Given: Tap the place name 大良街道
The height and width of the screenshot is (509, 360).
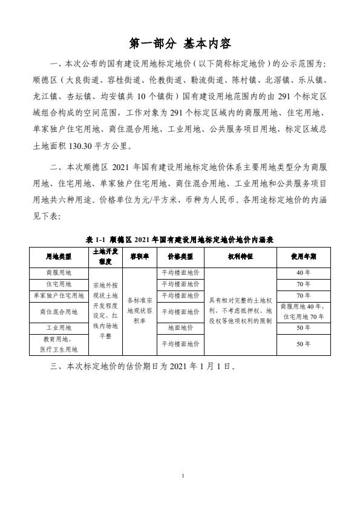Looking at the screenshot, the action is click(83, 78).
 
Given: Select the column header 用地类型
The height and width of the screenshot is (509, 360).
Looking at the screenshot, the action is click(58, 255).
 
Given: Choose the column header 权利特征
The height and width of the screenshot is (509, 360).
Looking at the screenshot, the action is click(240, 255).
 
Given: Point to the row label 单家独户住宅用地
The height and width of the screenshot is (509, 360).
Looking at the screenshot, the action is click(58, 295).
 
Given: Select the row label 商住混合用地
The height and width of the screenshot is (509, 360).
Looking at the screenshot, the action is click(58, 312).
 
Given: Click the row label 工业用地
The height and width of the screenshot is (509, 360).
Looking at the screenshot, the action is click(58, 328).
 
